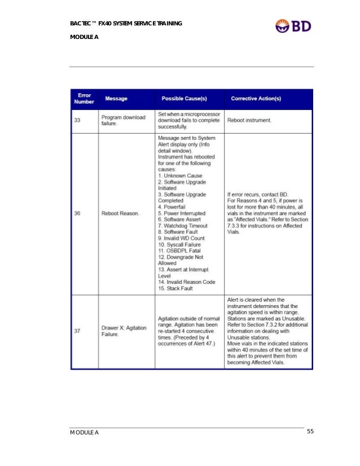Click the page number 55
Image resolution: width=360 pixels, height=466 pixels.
(x=310, y=432)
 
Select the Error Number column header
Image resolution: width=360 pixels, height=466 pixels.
(x=85, y=99)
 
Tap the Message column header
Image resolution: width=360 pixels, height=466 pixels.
(x=116, y=99)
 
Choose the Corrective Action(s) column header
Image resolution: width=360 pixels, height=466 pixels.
(x=256, y=99)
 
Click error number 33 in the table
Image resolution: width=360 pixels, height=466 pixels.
(x=76, y=120)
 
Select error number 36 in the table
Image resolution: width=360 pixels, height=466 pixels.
(x=76, y=213)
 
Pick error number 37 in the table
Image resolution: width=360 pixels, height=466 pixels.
(x=76, y=331)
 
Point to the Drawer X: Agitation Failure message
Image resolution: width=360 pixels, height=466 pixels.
(x=124, y=331)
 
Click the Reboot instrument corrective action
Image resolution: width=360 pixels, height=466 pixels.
(x=249, y=120)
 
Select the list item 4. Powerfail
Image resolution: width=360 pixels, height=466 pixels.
(x=175, y=206)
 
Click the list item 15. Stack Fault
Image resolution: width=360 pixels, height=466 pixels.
(x=175, y=288)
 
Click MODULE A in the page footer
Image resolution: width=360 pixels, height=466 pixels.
(x=84, y=433)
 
